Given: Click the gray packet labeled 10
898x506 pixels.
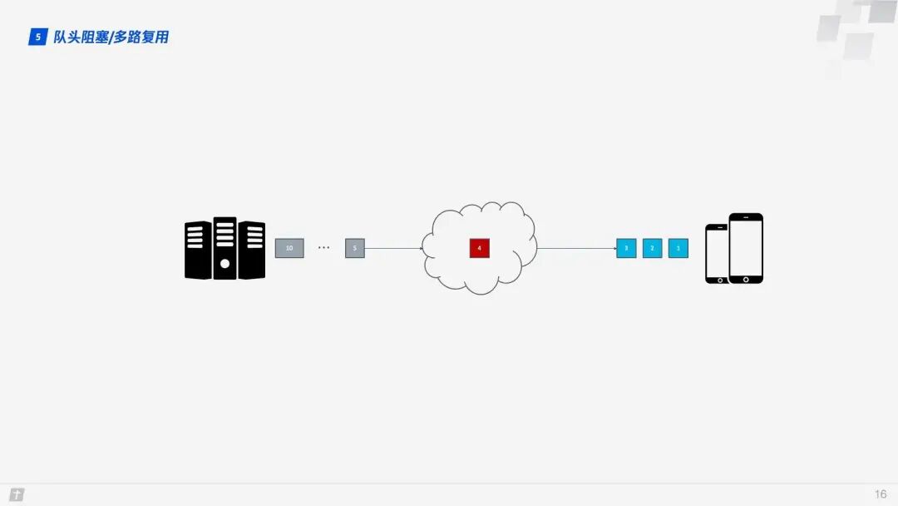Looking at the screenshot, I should tap(289, 248).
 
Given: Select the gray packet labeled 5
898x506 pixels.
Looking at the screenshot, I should tap(355, 248).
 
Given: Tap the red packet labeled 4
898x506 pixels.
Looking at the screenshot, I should tap(479, 248).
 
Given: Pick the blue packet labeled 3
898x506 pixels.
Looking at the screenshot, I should tap(626, 248).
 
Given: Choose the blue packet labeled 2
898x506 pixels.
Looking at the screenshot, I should tap(652, 248).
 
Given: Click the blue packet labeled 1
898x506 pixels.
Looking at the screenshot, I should tap(678, 248).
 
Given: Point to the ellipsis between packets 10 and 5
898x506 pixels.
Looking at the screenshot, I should tap(323, 248).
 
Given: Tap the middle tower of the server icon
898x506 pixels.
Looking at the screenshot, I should tap(224, 248).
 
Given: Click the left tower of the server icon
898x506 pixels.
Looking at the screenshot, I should tap(198, 250).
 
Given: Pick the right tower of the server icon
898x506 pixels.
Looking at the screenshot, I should tap(251, 250).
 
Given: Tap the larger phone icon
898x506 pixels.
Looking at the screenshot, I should tap(746, 248).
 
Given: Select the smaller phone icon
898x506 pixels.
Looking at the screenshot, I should tap(716, 254).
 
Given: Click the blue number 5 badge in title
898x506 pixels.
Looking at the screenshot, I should tap(38, 37).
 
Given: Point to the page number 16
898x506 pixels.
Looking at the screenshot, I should tap(881, 494).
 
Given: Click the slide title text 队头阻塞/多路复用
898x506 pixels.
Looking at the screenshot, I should tap(111, 37).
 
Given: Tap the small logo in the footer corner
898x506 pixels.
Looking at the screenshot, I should tap(17, 494).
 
